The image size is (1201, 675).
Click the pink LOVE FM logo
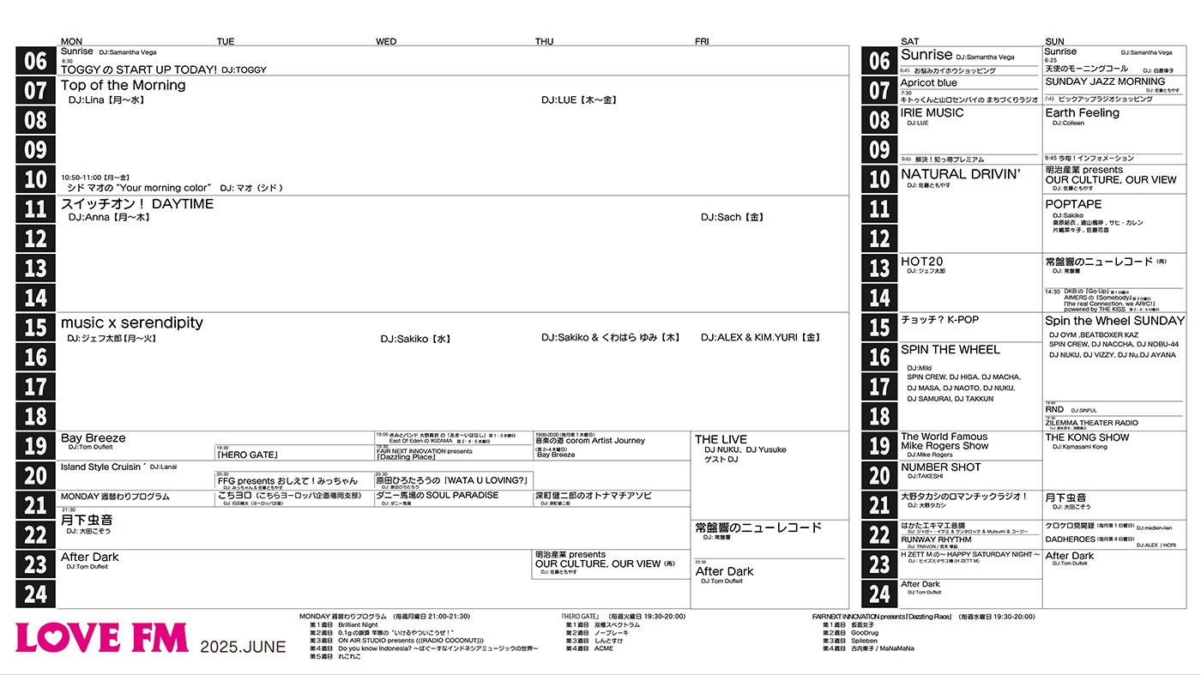(101, 638)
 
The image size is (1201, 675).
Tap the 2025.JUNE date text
(243, 647)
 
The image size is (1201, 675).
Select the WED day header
(386, 41)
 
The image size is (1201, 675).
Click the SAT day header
(909, 41)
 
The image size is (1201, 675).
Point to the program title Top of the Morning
(123, 85)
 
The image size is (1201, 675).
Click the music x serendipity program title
(131, 322)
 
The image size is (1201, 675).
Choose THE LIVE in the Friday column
(721, 439)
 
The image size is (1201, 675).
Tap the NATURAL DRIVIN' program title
(960, 174)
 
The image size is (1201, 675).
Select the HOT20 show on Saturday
(921, 261)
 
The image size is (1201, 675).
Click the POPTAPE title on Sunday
(1073, 204)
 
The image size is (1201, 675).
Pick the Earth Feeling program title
(1082, 112)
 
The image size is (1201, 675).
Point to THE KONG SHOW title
(1087, 437)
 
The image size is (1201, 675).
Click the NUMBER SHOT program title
(941, 467)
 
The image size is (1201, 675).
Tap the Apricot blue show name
(928, 83)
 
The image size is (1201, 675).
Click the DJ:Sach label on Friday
(732, 217)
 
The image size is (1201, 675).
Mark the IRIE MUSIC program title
(932, 112)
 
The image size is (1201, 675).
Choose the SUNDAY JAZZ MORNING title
(1105, 81)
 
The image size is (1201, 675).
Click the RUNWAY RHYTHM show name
(936, 539)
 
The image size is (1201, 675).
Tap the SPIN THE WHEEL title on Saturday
(950, 349)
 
